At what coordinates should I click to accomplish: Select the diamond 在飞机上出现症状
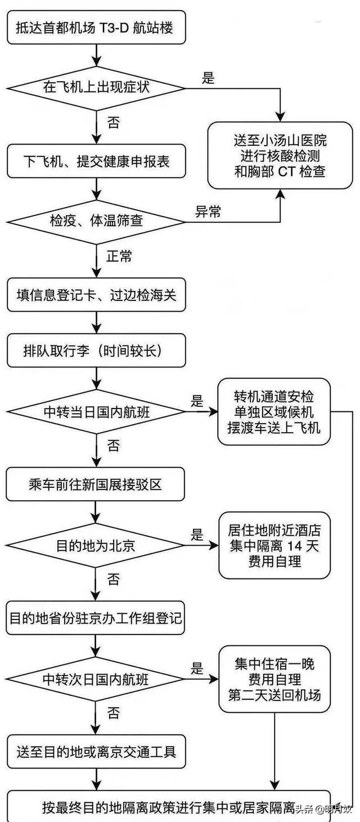pos(96,88)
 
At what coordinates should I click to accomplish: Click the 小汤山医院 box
pos(280,155)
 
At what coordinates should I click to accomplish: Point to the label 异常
pos(208,212)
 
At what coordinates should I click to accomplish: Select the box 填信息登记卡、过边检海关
pos(96,294)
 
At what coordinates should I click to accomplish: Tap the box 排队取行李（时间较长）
pos(96,352)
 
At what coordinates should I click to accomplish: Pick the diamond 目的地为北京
pos(96,545)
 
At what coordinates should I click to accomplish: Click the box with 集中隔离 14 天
pos(274,545)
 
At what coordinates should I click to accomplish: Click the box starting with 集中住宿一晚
pos(274,679)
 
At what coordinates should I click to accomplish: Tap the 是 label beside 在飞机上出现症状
pos(208,78)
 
